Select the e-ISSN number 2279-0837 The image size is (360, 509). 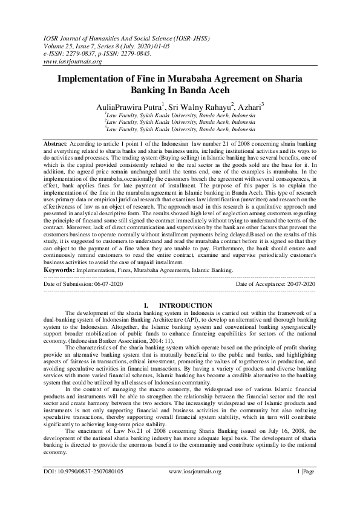(x=83, y=53)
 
